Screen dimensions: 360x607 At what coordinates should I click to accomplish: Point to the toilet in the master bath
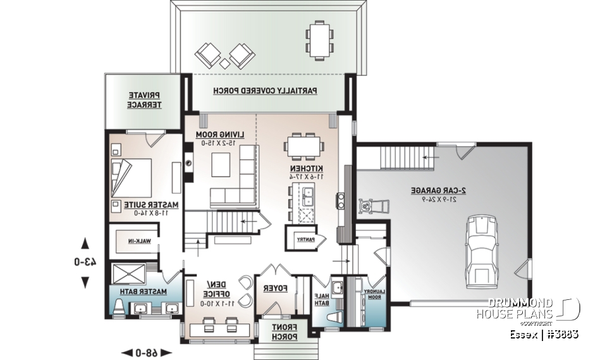[x=120, y=307]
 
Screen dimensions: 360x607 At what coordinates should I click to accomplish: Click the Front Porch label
[x=283, y=332]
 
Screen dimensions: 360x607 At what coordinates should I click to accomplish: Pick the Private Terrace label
[x=145, y=99]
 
